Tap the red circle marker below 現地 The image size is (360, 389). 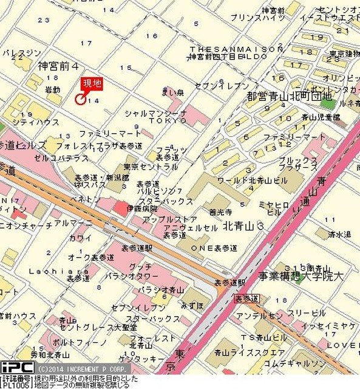pyautogui.click(x=80, y=99)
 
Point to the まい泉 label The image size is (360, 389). pyautogui.click(x=172, y=92)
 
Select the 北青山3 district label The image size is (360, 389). pyautogui.click(x=243, y=225)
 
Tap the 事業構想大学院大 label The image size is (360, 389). pyautogui.click(x=300, y=276)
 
